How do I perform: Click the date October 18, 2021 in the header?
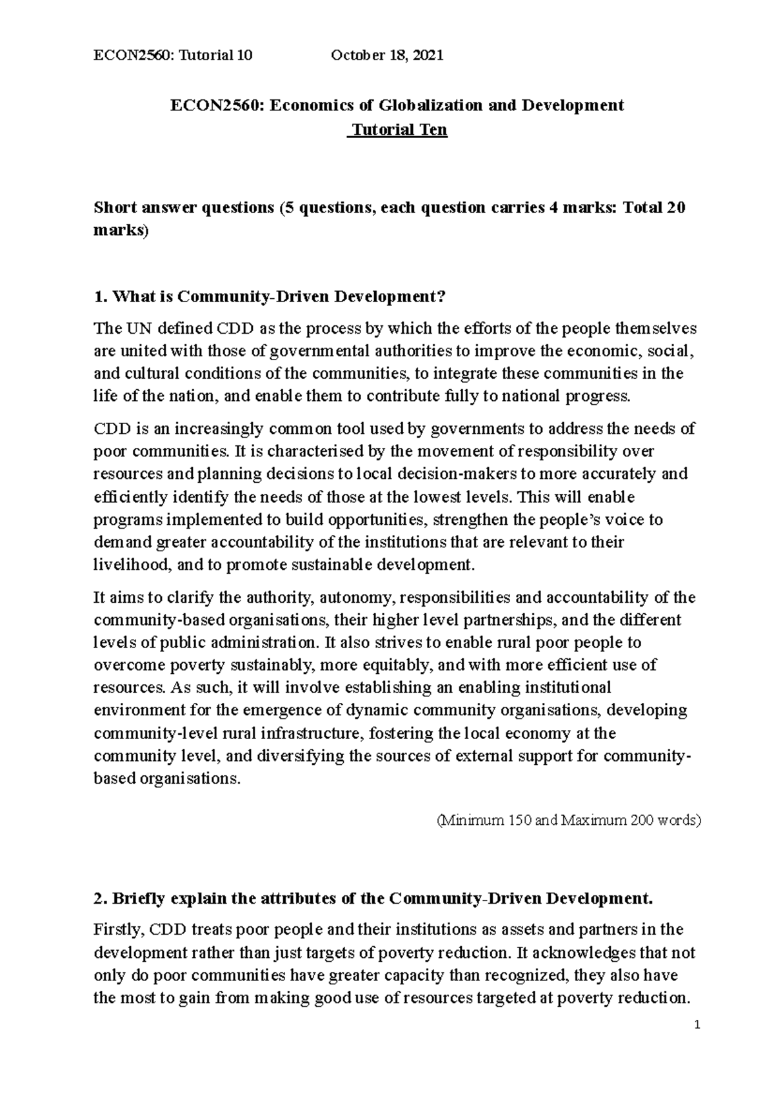tap(387, 56)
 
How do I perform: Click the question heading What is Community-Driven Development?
tap(270, 297)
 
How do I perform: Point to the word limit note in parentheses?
tap(568, 821)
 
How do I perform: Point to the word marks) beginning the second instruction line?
tap(121, 230)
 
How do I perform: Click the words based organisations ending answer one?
tap(167, 778)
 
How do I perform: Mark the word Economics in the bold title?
tap(302, 105)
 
